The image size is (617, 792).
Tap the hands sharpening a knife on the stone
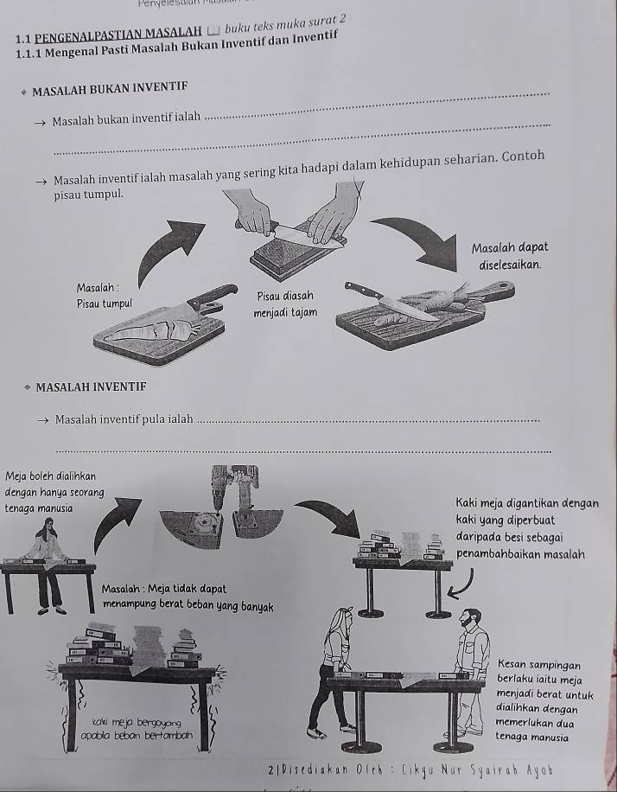(294, 222)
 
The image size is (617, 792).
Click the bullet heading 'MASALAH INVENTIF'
(90, 386)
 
